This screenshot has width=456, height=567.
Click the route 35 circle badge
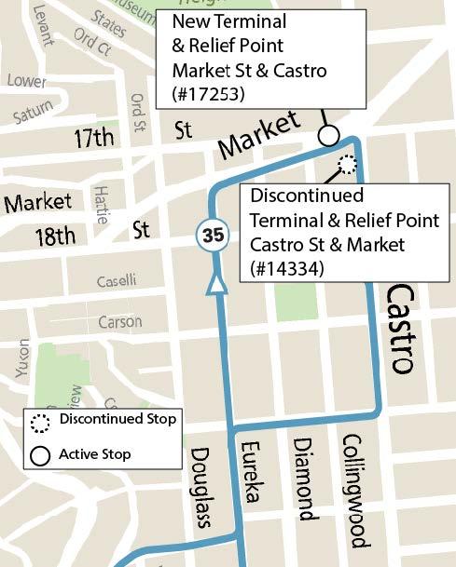coord(214,236)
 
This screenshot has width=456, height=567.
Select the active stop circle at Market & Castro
coord(328,136)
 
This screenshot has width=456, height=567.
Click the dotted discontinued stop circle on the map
coord(347,166)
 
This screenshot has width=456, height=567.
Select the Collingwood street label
coord(352,490)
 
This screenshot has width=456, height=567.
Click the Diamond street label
coord(303,479)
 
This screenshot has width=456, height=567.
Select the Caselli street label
coord(117,280)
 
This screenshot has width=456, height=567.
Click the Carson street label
coord(120,322)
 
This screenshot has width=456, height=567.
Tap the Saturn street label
coord(34,115)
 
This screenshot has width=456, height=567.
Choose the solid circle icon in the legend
coord(41,455)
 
